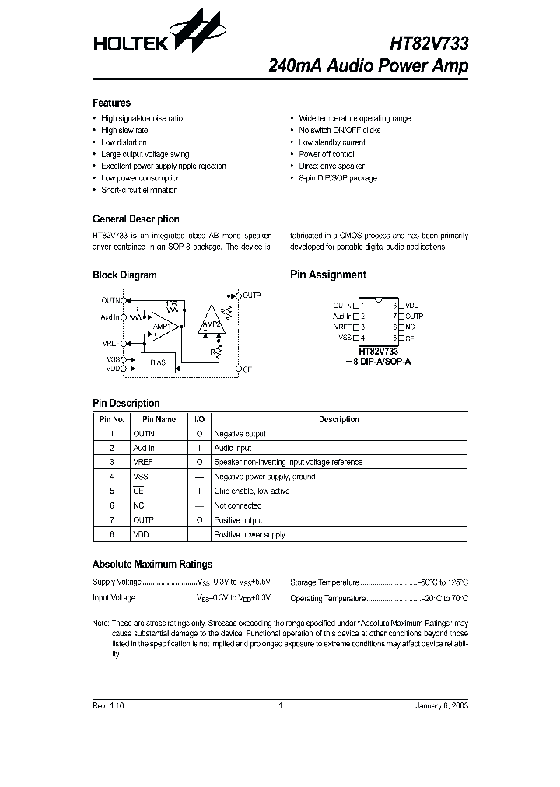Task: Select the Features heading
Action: coord(111,103)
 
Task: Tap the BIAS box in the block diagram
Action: coord(157,362)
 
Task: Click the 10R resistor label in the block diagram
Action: coord(170,304)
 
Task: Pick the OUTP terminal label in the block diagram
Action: coord(251,296)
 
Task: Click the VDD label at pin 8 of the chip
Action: coord(412,306)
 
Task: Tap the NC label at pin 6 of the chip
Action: coord(410,327)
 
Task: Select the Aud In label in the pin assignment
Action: coord(341,317)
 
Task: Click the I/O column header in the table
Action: coord(199,419)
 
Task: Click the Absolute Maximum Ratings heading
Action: coord(152,564)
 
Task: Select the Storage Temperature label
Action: coord(324,582)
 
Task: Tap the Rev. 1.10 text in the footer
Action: coord(108,706)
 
